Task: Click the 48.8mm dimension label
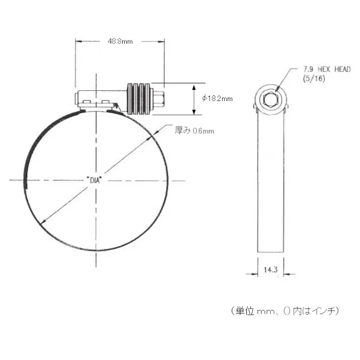click(x=121, y=41)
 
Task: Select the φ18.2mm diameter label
click(x=217, y=99)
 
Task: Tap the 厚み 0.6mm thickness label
click(x=194, y=131)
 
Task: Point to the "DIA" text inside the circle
click(x=94, y=180)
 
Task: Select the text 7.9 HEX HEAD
click(x=326, y=69)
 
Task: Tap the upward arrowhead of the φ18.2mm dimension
click(x=193, y=86)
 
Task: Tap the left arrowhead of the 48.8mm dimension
click(x=79, y=41)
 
